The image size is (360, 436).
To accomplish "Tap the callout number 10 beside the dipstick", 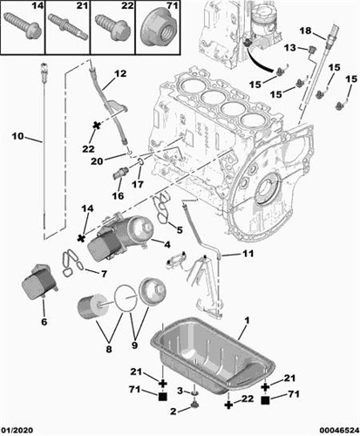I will (17, 136).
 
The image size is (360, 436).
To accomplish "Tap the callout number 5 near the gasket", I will (180, 230).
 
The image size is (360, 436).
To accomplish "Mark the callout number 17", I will (137, 184).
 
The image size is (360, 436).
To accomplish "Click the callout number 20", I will (98, 160).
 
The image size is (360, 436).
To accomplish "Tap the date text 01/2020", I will (17, 430).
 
